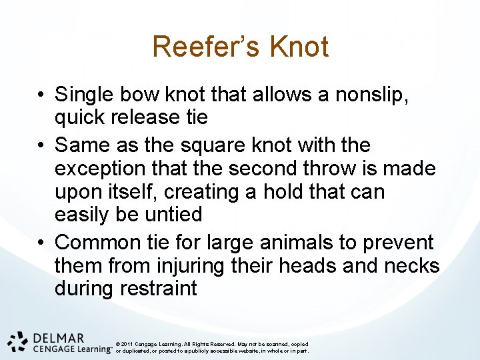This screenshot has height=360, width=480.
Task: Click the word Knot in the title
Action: coord(299,47)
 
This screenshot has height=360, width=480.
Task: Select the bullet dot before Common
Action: coord(41,243)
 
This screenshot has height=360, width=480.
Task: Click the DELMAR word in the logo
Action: coord(58,338)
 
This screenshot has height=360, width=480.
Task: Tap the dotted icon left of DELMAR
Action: coord(18,341)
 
